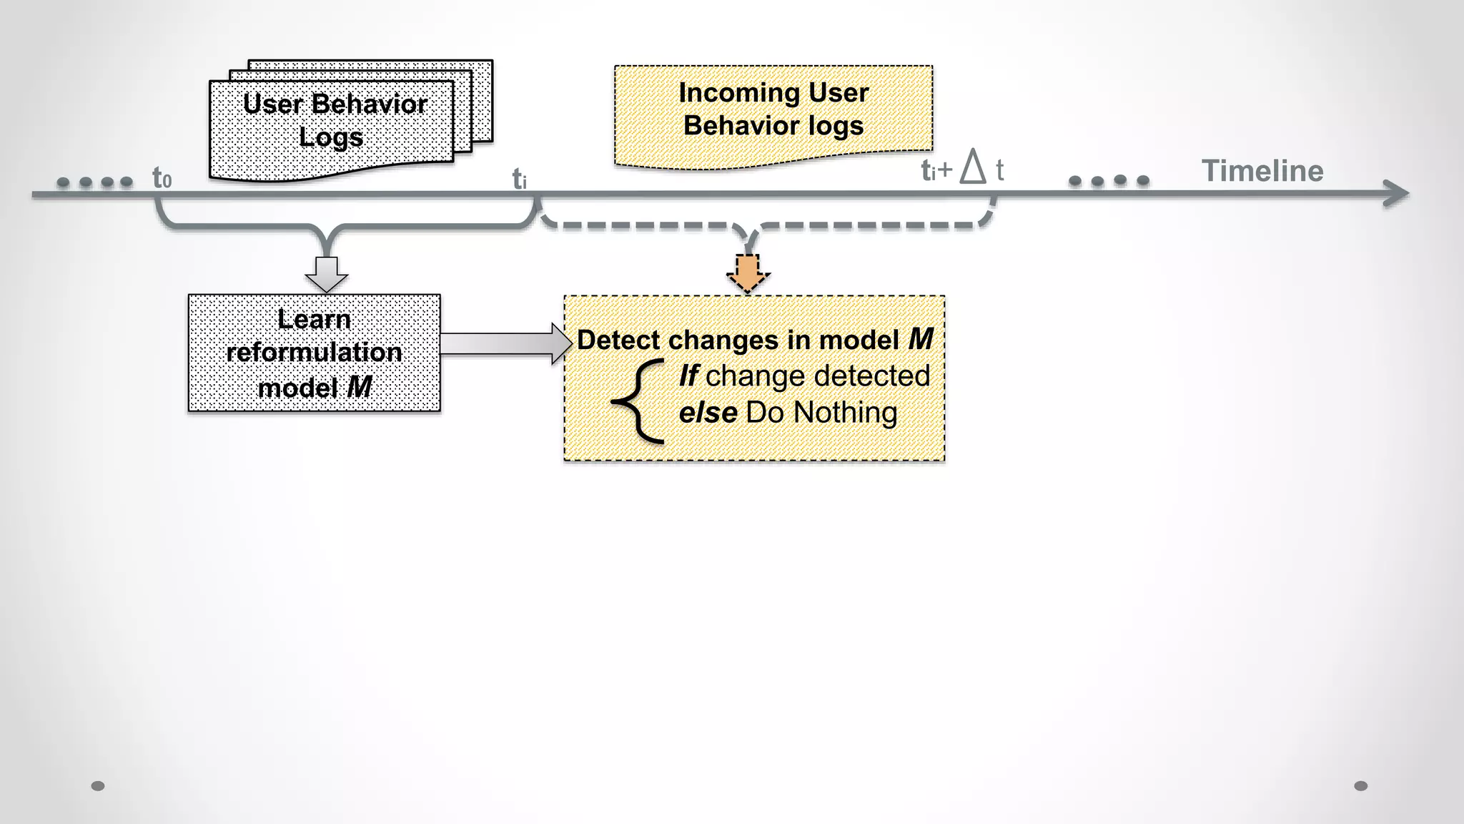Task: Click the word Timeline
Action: coord(1262,171)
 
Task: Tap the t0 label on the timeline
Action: coord(162,178)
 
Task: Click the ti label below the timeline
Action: coord(520,180)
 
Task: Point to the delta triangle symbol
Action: coord(972,167)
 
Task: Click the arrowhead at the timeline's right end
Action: coord(1397,193)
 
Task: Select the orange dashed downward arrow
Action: coord(748,273)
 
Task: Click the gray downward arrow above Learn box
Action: coord(327,274)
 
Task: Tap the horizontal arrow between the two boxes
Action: coord(505,343)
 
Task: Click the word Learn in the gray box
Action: coord(314,319)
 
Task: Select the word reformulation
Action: coord(314,353)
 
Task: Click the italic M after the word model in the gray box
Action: coord(359,388)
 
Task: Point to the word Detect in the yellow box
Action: coord(618,340)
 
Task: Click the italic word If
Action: coord(688,376)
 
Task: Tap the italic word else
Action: coord(708,413)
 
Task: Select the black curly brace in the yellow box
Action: coord(638,402)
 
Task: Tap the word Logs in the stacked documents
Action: coord(330,137)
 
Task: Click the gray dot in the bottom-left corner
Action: coord(98,786)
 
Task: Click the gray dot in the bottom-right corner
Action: coord(1360,786)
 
